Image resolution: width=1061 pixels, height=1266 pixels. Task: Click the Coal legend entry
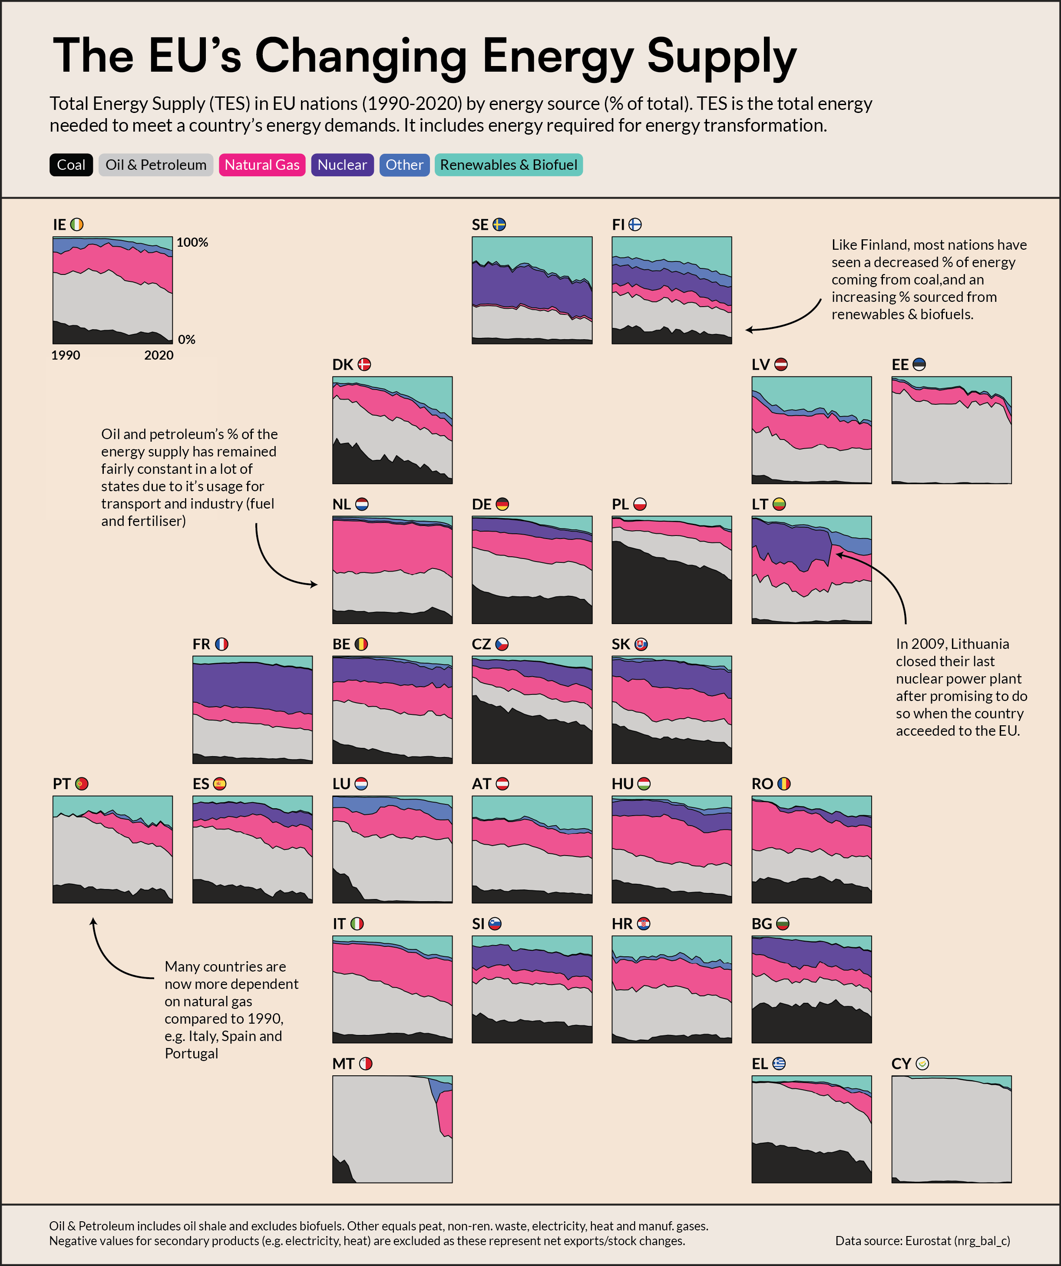71,165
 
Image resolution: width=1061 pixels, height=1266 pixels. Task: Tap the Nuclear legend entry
342,165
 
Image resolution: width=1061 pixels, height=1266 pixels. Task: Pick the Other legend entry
404,165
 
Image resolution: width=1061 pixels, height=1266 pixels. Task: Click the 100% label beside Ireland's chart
192,242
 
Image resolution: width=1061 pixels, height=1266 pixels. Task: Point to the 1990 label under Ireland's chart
65,355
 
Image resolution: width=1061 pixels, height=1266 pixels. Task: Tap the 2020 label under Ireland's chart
159,355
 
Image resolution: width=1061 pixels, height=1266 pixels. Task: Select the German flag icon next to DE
502,504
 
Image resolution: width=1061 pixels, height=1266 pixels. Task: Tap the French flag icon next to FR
222,644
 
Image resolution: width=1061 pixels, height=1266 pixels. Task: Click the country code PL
620,504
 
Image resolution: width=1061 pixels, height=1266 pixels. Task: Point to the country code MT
343,1064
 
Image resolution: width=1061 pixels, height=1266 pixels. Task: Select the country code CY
901,1064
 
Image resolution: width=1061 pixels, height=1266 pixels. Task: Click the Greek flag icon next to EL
779,1064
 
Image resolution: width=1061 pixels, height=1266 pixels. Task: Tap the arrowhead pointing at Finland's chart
748,330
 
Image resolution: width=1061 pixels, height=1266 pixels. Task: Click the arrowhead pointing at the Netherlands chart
315,584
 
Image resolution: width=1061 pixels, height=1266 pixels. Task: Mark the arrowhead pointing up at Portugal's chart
93,921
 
